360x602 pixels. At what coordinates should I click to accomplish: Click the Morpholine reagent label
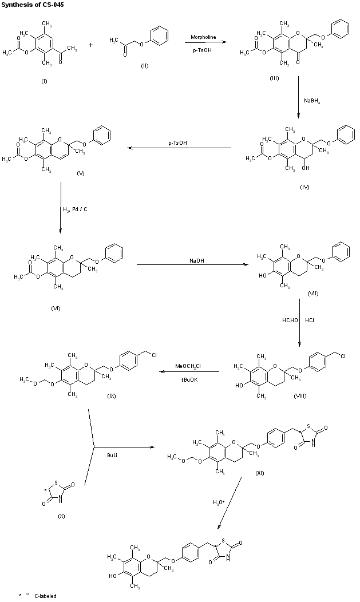tap(203, 37)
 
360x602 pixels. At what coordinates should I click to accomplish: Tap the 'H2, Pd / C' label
tap(75, 209)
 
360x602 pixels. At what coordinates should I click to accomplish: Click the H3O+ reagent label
tap(219, 502)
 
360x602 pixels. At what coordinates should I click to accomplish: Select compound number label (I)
tap(44, 81)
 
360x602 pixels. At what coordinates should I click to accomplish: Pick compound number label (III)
tap(274, 78)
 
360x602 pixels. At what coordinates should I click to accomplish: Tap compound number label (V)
tap(80, 173)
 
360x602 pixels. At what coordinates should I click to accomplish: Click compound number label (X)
tap(62, 516)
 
